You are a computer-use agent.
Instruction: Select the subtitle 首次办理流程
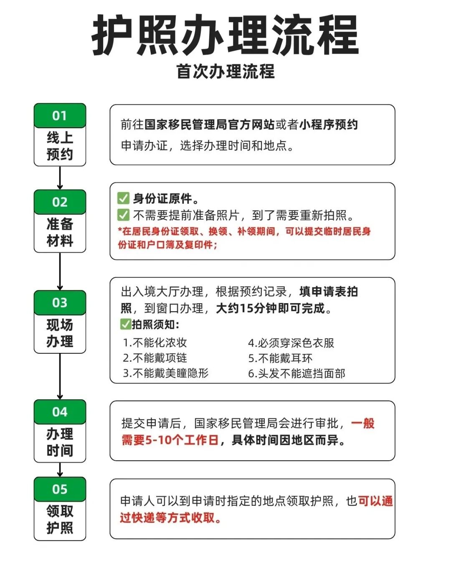tap(225, 71)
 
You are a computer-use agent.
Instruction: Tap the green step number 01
tap(60, 116)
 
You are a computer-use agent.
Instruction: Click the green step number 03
tap(60, 302)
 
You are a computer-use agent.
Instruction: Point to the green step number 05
tap(60, 489)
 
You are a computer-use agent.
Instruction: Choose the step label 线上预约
tap(60, 146)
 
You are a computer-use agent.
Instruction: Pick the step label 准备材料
tap(60, 232)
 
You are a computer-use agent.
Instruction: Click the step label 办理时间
tap(60, 442)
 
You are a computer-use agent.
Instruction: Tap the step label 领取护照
tap(60, 520)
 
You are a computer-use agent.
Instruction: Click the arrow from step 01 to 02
tap(60, 178)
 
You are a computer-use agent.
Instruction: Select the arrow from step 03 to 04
tap(60, 376)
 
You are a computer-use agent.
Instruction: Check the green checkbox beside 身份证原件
tap(123, 198)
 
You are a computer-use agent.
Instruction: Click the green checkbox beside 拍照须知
tap(125, 324)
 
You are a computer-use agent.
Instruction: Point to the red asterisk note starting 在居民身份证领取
tap(244, 238)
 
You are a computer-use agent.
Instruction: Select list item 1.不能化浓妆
tap(155, 343)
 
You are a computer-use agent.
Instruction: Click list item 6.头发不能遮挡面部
tap(296, 373)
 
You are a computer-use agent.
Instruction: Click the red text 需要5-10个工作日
tap(170, 440)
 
